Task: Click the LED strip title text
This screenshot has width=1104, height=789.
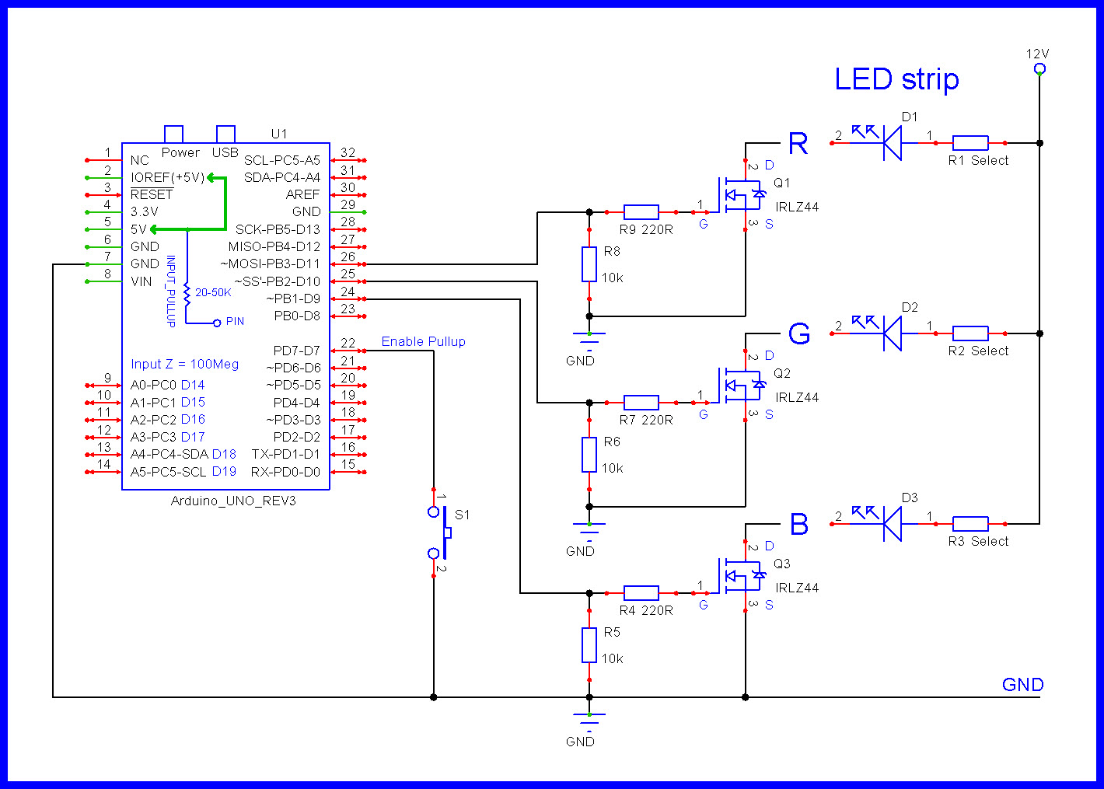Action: [x=896, y=79]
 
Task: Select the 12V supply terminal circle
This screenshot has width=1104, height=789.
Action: [x=1039, y=69]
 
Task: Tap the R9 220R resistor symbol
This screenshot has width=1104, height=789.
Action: [x=641, y=211]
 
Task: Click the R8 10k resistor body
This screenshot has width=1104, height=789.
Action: [x=589, y=264]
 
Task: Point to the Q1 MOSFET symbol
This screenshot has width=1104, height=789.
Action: [x=739, y=194]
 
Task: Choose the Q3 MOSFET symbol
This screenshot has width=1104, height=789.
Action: [x=739, y=575]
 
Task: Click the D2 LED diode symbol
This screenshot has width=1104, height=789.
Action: [x=891, y=333]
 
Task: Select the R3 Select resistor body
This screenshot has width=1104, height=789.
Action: [x=970, y=524]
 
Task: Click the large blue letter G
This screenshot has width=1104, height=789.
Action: [x=799, y=334]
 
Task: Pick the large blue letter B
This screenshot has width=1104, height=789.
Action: [x=799, y=525]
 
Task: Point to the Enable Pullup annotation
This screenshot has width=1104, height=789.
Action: [x=423, y=341]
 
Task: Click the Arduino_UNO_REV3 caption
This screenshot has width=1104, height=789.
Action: [x=233, y=501]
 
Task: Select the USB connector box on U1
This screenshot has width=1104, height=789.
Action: [x=225, y=134]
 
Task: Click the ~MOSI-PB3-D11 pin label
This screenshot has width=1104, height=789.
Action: [x=270, y=264]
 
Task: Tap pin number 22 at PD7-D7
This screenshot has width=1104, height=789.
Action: [x=348, y=343]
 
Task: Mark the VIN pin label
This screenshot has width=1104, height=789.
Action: [x=141, y=281]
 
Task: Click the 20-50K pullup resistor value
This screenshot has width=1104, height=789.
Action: [x=213, y=293]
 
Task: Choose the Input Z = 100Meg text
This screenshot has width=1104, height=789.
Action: [x=184, y=364]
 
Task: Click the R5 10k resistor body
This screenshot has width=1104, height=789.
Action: [x=589, y=645]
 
